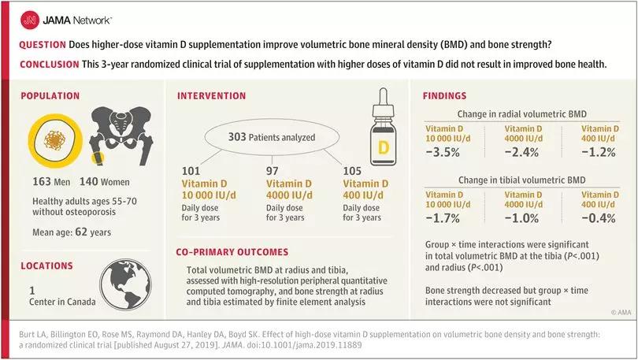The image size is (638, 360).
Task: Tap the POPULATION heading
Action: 50,96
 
